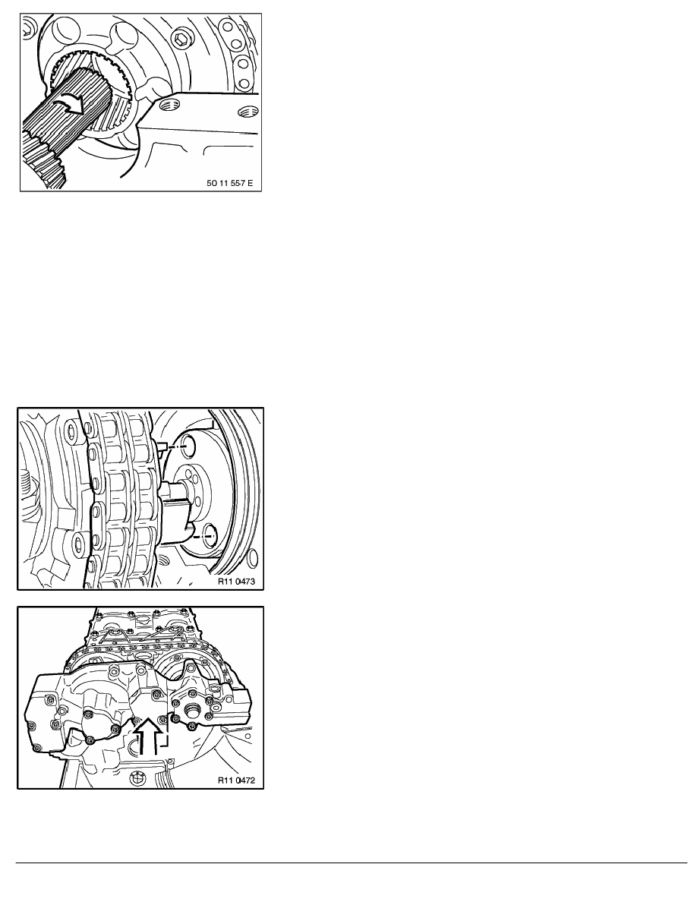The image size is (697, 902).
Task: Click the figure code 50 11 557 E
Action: tap(229, 184)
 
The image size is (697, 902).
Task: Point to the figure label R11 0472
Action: tap(236, 781)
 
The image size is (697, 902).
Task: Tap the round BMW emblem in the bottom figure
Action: tap(139, 778)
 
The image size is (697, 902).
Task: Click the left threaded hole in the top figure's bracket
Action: tap(169, 104)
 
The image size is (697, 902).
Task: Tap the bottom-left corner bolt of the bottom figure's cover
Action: tap(38, 748)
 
